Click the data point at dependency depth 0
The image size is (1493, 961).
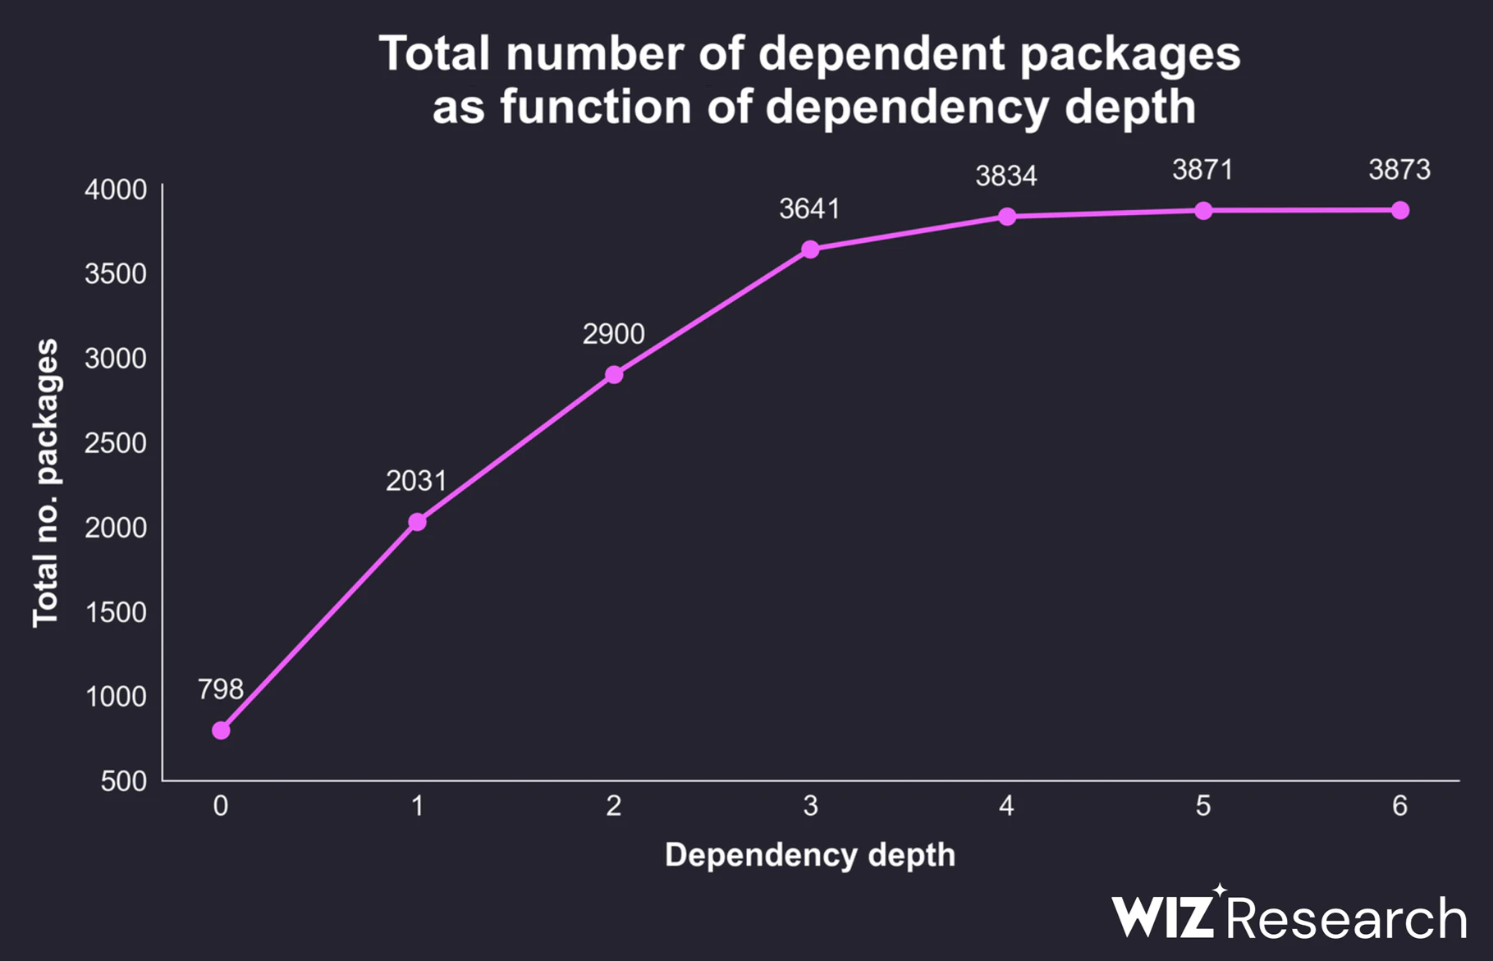221,730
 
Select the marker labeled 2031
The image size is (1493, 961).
417,522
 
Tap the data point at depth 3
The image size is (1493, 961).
810,249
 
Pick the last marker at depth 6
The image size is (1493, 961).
1400,211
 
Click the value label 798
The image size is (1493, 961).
220,689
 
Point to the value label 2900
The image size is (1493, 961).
613,334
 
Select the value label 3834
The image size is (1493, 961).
1006,176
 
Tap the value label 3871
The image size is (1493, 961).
1202,170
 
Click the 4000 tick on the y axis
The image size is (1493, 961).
116,190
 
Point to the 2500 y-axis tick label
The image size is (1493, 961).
116,443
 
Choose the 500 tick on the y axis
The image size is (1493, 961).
124,781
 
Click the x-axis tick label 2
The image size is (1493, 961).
614,806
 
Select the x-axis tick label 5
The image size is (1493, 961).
1203,806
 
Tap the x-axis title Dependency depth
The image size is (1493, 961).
809,855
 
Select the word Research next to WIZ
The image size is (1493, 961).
1347,918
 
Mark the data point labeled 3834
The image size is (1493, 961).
1007,217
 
